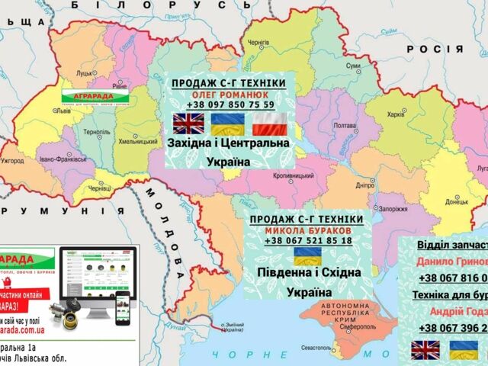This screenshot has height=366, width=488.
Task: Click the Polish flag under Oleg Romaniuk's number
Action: tap(268, 124)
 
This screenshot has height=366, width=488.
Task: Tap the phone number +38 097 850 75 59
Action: tap(229, 104)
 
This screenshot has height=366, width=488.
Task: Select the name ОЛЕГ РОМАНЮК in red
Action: tap(229, 94)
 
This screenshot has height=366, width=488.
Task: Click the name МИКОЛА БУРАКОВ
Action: tap(309, 230)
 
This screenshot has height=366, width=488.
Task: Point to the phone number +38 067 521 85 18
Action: tap(309, 240)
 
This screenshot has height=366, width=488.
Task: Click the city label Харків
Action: tap(396, 115)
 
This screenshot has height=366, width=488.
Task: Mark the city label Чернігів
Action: tap(258, 41)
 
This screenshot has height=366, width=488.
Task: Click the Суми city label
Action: tap(353, 66)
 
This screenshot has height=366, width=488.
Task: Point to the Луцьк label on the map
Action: tap(83, 73)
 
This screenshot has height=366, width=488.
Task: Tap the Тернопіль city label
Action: tap(97, 132)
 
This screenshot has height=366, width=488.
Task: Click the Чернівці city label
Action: tap(100, 188)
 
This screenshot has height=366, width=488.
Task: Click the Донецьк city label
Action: tap(457, 202)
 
